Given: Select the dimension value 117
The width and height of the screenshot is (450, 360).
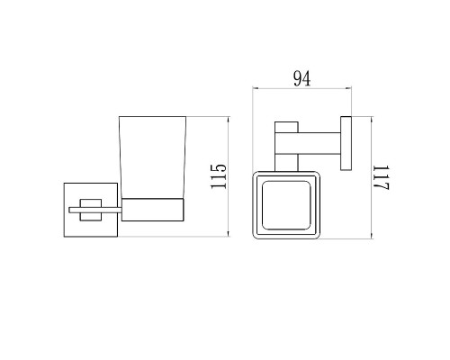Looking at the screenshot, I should tap(381, 177).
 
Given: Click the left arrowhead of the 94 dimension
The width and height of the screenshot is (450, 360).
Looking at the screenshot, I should tap(256, 89).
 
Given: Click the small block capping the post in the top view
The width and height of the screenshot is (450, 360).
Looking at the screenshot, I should tap(286, 125).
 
